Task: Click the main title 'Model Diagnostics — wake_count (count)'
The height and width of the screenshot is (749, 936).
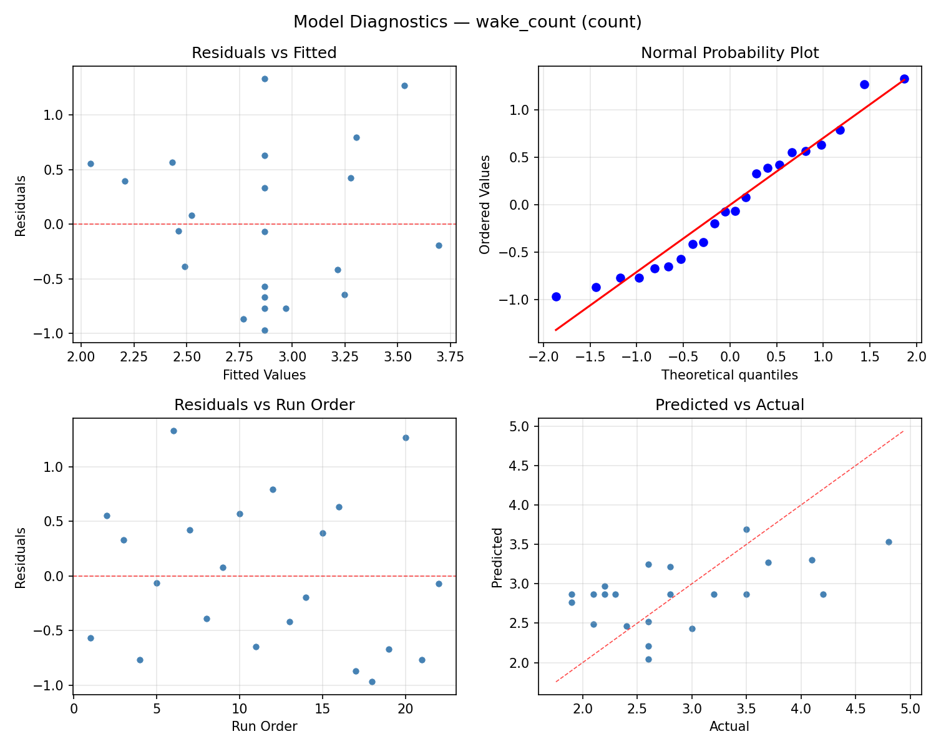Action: (x=467, y=22)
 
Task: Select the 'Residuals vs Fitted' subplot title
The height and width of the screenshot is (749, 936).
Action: (x=264, y=53)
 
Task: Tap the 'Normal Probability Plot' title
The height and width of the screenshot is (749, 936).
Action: (x=729, y=53)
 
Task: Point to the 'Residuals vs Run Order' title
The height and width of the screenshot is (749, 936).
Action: (x=264, y=405)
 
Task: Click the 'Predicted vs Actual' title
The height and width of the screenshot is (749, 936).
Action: (x=729, y=405)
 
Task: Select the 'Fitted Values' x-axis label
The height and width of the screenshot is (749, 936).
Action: (x=264, y=375)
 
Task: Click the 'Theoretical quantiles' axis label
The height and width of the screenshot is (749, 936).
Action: (x=729, y=375)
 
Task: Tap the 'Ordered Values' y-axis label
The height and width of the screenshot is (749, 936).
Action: (x=485, y=204)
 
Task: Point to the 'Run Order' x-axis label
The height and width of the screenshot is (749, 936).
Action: (x=264, y=727)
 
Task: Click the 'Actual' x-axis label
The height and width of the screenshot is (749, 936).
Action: (x=729, y=727)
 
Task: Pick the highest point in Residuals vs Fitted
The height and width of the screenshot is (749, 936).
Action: (x=265, y=79)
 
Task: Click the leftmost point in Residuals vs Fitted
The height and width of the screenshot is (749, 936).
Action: (x=90, y=164)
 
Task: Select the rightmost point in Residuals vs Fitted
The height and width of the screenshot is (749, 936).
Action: (x=439, y=245)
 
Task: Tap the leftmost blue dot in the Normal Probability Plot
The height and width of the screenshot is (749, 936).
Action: (x=556, y=296)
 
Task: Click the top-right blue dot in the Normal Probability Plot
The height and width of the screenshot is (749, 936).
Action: (x=904, y=79)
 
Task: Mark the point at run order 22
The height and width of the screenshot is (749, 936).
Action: (x=439, y=584)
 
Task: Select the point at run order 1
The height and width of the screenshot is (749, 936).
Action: (x=90, y=638)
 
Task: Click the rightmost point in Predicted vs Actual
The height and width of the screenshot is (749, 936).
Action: (x=889, y=542)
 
